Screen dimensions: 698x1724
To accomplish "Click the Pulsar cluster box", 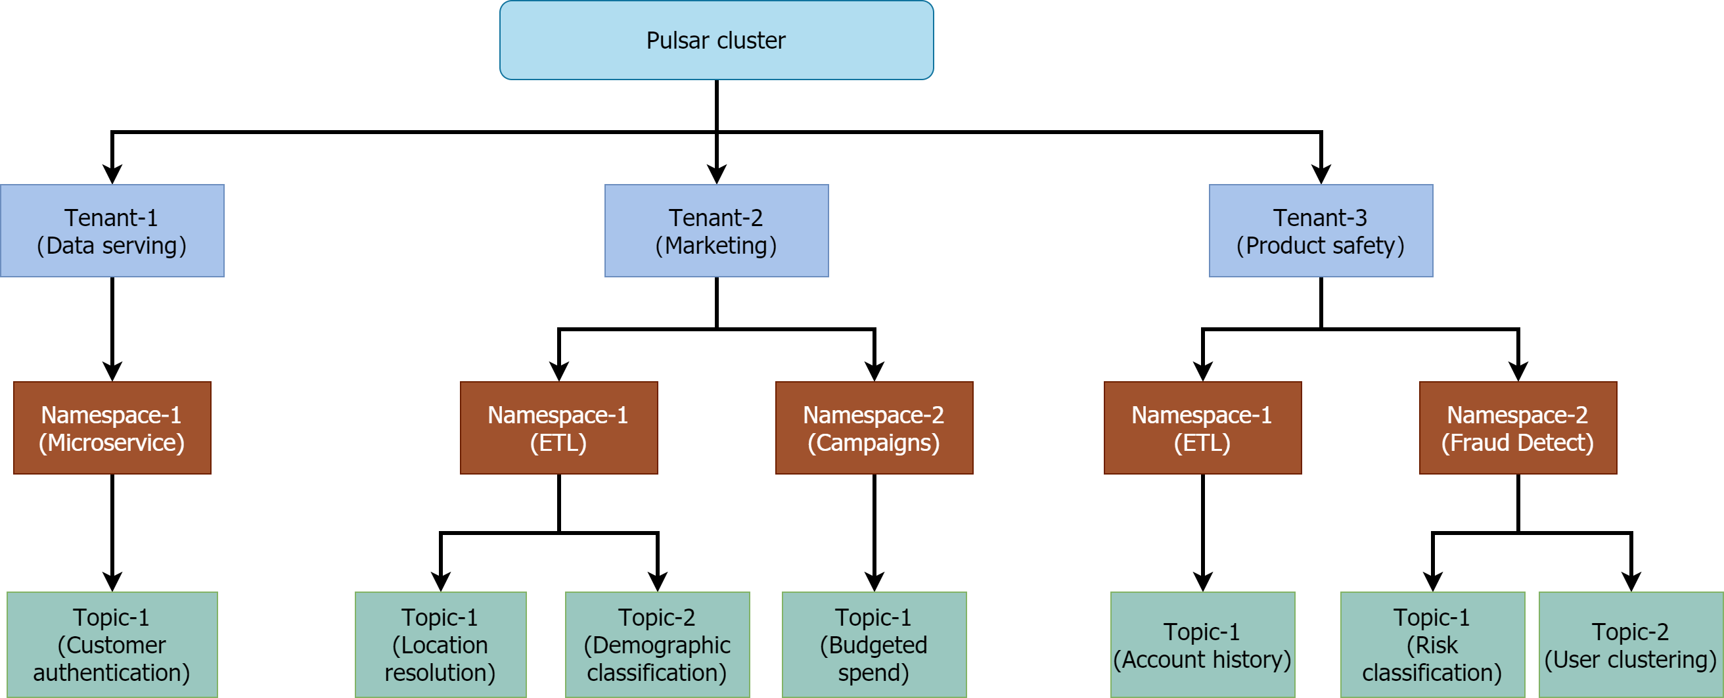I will [x=716, y=40].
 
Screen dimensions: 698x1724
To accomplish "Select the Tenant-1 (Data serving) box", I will [x=112, y=231].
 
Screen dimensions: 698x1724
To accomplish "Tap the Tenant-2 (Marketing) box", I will [x=716, y=231].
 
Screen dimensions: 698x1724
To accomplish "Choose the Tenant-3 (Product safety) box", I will [x=1321, y=231].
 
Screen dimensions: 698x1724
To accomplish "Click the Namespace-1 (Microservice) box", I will [x=112, y=428].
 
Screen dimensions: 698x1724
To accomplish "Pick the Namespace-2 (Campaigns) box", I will [x=873, y=428].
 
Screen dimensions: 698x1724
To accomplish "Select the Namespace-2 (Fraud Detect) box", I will [x=1517, y=428].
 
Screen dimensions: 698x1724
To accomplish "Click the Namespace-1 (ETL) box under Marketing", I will [x=558, y=428].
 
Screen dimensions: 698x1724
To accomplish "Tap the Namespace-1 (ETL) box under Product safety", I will [x=1202, y=428].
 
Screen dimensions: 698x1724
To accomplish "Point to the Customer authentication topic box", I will [x=112, y=645].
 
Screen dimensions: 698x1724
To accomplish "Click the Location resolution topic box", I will [x=440, y=645].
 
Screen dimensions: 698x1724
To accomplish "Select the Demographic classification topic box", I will [x=656, y=645].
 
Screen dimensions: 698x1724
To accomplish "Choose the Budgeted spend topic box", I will [x=873, y=645].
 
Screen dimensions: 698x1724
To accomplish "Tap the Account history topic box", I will [x=1202, y=645].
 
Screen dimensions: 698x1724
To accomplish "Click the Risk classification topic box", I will [x=1432, y=645].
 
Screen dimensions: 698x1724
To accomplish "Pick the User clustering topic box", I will [x=1630, y=645].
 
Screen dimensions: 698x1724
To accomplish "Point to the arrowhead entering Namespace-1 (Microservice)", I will [x=112, y=371].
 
